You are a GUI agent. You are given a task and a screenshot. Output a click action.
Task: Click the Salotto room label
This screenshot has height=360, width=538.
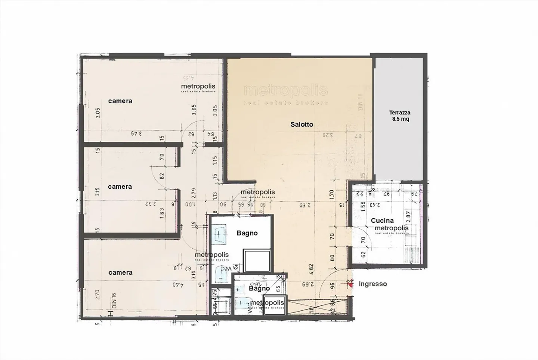tap(302, 124)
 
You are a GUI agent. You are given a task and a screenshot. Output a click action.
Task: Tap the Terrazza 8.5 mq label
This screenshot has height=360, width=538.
tap(399, 116)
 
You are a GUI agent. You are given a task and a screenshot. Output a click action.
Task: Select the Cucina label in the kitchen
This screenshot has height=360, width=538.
tap(382, 221)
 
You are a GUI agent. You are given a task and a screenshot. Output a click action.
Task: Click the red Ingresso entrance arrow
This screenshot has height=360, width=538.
tap(350, 284)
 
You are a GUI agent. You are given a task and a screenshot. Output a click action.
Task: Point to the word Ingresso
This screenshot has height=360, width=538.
tap(372, 284)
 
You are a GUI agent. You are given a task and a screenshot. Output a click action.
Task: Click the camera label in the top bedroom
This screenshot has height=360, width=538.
tap(120, 101)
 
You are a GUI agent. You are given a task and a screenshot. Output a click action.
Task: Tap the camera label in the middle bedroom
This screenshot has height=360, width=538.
tap(120, 187)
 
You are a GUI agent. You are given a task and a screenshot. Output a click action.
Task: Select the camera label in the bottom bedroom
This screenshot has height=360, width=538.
tap(120, 273)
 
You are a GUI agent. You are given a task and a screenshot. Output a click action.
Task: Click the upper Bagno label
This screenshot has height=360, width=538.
tap(247, 233)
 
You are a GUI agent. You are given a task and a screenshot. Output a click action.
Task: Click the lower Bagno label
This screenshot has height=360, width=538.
tap(259, 289)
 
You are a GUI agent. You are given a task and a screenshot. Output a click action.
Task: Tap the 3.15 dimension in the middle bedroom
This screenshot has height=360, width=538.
tap(97, 192)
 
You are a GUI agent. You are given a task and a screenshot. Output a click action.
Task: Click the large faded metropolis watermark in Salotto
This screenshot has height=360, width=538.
tap(285, 91)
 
